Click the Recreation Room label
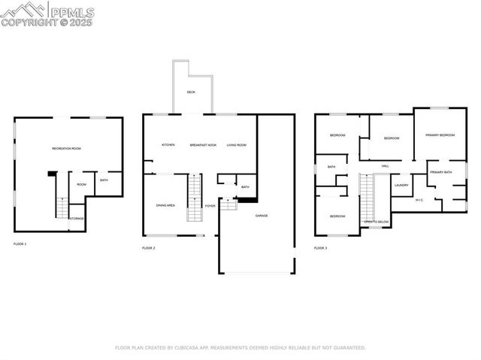(x=66, y=149)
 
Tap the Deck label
(x=192, y=92)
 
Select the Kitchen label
(x=168, y=145)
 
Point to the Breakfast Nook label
(x=203, y=145)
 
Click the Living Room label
(x=237, y=145)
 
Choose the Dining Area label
(x=165, y=205)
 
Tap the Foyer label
(x=210, y=205)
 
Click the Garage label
(x=262, y=216)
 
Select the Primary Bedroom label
(x=440, y=135)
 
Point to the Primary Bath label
(x=441, y=173)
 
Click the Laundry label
(x=401, y=185)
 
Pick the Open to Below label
(x=377, y=222)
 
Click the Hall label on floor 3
(x=385, y=166)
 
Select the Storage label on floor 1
(x=77, y=219)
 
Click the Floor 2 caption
(x=149, y=248)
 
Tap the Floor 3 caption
(x=320, y=248)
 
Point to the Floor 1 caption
(x=20, y=244)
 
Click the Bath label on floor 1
(x=104, y=180)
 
